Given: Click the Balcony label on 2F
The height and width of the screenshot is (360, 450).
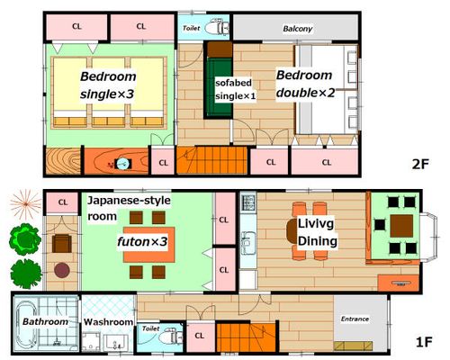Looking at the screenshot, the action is [x=298, y=29].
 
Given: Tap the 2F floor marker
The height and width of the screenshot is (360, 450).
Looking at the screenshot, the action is [x=420, y=164].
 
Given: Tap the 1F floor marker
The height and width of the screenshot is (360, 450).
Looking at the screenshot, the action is [x=424, y=342].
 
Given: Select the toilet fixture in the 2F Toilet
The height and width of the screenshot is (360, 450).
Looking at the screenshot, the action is [x=217, y=28].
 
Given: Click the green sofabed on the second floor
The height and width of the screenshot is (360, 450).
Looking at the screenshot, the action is [x=220, y=87].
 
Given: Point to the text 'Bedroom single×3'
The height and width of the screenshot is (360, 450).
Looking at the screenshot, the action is [x=108, y=85].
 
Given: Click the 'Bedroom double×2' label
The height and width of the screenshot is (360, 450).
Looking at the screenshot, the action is [x=305, y=84].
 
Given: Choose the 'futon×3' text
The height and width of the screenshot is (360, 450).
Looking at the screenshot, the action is [x=142, y=241].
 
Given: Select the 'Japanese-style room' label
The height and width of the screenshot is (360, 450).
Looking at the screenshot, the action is [x=129, y=208].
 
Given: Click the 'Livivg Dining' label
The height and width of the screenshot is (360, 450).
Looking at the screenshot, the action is [x=318, y=232].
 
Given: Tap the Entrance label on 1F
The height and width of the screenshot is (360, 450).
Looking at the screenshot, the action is [x=355, y=319].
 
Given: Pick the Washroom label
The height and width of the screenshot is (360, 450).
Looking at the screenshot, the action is [x=108, y=322].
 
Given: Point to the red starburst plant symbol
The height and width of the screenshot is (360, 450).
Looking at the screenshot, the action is [x=25, y=204].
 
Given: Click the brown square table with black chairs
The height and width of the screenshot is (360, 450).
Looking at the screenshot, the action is [x=401, y=226].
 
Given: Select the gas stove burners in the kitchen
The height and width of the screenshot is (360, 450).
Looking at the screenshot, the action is [x=248, y=202].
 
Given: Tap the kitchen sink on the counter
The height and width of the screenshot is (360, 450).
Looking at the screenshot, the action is [x=248, y=243].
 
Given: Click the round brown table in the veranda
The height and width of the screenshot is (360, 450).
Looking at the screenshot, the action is [x=62, y=270].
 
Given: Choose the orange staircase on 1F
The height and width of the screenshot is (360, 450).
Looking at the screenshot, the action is [x=246, y=337].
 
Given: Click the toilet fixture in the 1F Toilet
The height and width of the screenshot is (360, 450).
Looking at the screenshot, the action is [x=170, y=336].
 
